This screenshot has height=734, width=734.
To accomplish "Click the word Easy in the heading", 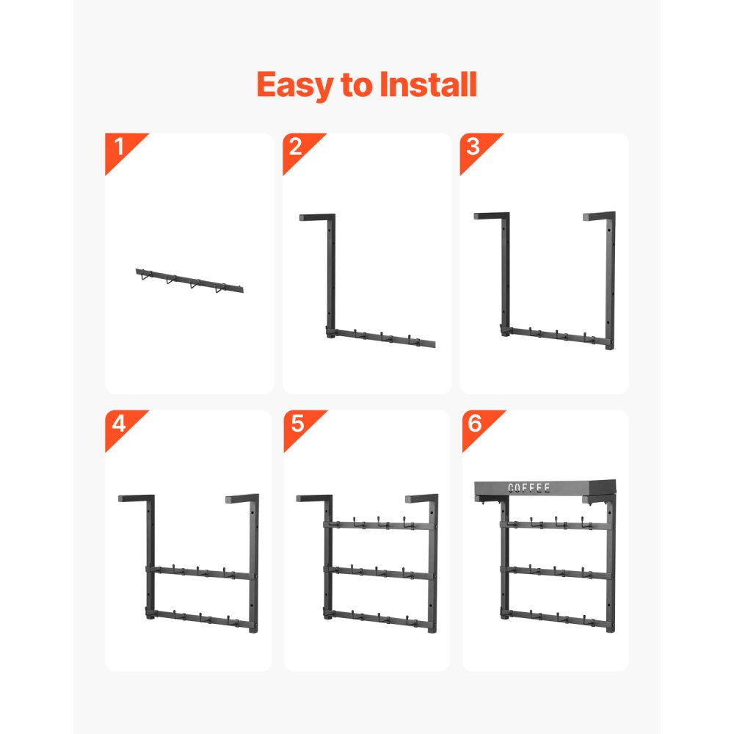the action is tap(295, 86).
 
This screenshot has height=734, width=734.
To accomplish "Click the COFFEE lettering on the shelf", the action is tap(529, 488).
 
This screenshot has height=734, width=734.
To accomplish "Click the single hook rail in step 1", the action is tap(189, 281).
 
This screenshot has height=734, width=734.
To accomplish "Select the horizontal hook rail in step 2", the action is tap(381, 338).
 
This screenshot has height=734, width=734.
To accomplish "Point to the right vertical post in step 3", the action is tap(610, 281).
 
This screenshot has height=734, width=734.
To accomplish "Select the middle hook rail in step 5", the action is tap(380, 572).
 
